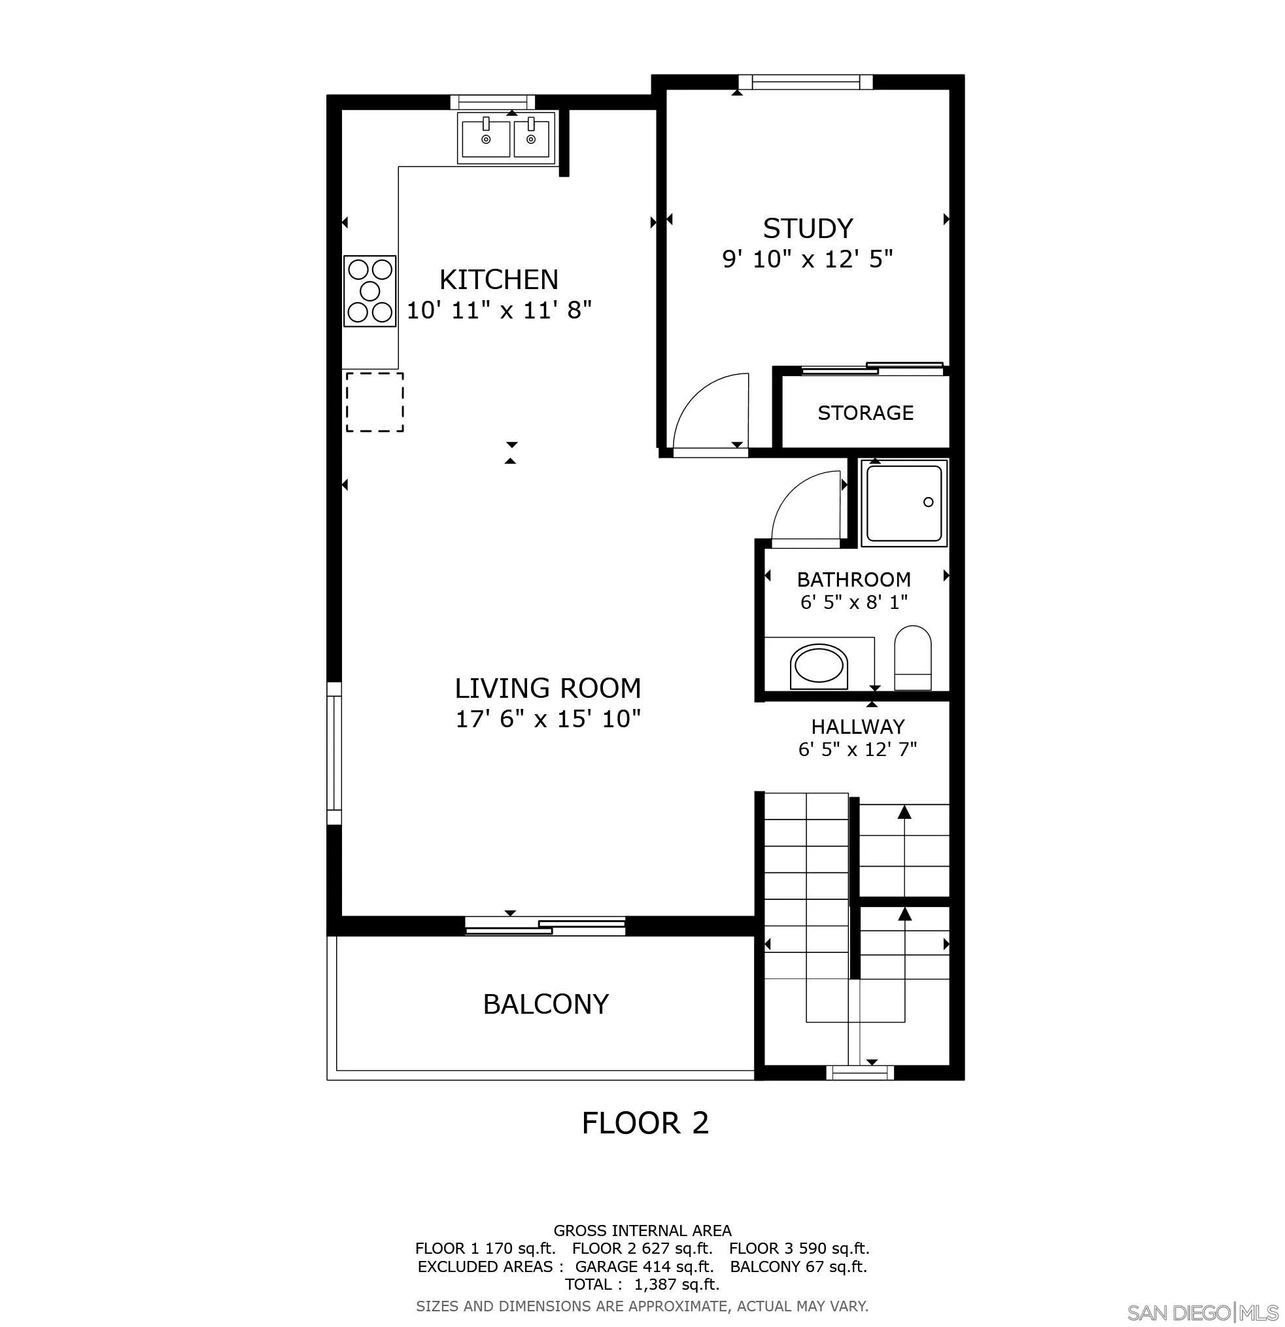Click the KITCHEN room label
click(499, 280)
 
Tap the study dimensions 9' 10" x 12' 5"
click(807, 258)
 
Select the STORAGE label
click(865, 412)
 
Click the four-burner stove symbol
click(369, 291)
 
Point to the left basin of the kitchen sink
click(485, 139)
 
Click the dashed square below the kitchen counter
click(375, 402)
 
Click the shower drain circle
click(928, 502)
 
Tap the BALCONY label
click(545, 1004)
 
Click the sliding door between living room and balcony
click(545, 925)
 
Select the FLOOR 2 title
click(645, 1123)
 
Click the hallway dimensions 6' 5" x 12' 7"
click(857, 750)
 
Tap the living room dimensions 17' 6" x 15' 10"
click(548, 718)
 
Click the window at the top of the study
click(805, 82)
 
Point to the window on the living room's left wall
click(334, 753)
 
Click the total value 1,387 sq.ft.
click(676, 1284)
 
